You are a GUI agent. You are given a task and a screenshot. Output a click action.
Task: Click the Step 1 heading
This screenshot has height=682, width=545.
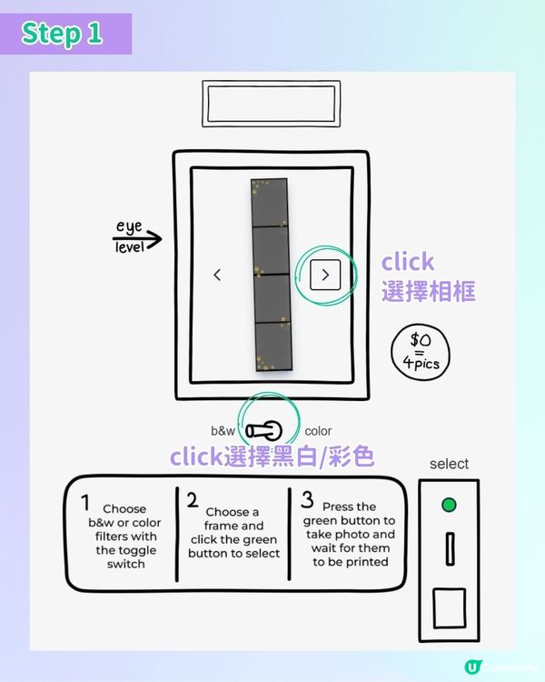pos(62,34)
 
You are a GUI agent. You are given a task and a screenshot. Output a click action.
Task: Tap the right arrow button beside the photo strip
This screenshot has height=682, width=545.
pos(325,275)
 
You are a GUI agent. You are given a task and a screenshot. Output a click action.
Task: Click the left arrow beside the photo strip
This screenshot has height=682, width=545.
pos(217,275)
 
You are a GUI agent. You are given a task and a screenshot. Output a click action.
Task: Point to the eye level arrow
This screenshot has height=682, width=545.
pos(137,238)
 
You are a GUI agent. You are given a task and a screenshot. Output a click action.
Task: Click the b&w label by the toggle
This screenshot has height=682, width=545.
pos(223,431)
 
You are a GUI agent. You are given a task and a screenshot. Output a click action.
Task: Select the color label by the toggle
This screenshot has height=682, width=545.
pos(318,431)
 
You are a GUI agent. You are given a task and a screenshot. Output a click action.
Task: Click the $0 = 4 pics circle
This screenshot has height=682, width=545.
pos(421,352)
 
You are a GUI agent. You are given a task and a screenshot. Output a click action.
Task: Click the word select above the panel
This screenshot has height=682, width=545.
pos(449,464)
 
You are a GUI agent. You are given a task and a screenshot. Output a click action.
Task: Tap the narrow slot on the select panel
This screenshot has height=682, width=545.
pos(451,549)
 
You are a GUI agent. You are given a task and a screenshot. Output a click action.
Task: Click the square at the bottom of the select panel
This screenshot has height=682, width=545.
pos(450,608)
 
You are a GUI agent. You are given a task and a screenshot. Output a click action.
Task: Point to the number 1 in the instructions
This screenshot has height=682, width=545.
pos(85,502)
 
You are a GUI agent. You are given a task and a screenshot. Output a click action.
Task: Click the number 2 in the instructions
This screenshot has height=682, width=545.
pos(193,500)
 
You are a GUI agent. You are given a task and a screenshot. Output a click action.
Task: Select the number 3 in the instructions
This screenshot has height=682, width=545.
pos(307,500)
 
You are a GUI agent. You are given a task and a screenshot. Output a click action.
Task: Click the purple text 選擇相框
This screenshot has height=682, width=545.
pos(429,291)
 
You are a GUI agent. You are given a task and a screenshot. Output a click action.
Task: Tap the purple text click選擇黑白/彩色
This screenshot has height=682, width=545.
pos(272,457)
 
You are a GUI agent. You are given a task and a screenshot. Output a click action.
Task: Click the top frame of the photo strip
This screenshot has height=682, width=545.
pos(270,203)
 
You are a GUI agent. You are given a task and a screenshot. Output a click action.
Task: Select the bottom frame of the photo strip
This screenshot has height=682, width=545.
pos(273,346)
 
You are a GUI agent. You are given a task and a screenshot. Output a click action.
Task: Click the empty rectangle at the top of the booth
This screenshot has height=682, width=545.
pos(272,104)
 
